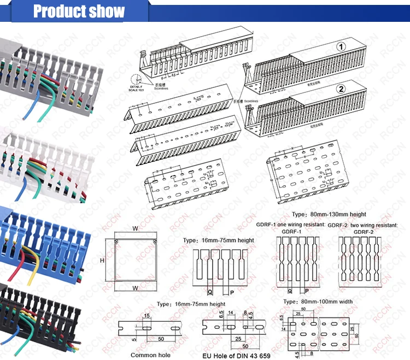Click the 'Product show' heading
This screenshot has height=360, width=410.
click(x=79, y=11)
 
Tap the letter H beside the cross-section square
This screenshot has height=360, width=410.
click(x=102, y=261)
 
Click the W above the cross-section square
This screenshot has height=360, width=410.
click(x=135, y=229)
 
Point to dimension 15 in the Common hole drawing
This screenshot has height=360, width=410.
click(x=147, y=316)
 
